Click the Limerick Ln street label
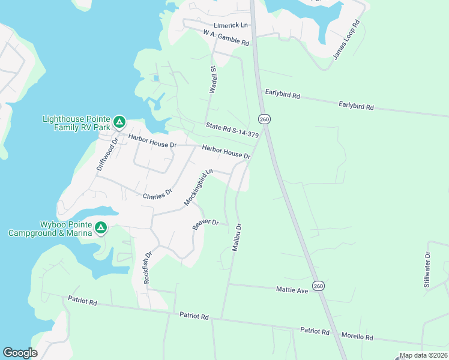[x=231, y=25]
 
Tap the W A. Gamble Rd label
[x=226, y=38]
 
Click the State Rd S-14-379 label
[x=232, y=130]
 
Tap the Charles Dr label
[x=157, y=194]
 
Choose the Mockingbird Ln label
[x=199, y=187]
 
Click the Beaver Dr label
[x=205, y=224]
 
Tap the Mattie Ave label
[x=292, y=290]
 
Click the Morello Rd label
[x=357, y=337]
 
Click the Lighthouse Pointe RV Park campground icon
[x=119, y=123]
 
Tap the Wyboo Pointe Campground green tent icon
[x=101, y=227]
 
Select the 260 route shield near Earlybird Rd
[x=265, y=119]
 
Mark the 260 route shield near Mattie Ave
[x=318, y=284]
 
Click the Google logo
[x=20, y=352]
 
